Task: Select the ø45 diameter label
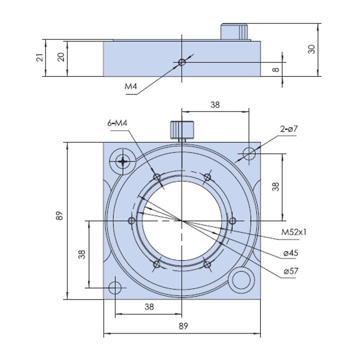click(290, 253)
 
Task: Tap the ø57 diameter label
click(291, 271)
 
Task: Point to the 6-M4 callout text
click(117, 123)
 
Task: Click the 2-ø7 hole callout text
click(289, 129)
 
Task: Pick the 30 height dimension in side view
click(311, 49)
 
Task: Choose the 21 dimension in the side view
click(39, 57)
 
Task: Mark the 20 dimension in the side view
click(61, 57)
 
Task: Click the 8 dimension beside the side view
click(275, 69)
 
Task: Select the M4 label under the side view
click(131, 86)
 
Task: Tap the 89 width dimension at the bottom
click(183, 326)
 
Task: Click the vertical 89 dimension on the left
click(59, 216)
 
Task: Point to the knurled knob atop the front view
click(182, 130)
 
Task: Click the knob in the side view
click(234, 31)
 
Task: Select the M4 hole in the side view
click(182, 62)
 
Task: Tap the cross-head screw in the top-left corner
click(123, 161)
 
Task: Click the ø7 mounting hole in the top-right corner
click(249, 153)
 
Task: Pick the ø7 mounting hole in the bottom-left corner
click(115, 287)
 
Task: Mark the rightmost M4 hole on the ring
click(232, 221)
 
